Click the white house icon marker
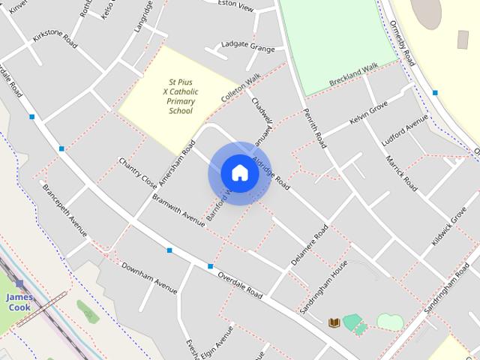(239, 172)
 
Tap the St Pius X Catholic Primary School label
(180, 96)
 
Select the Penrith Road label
(315, 127)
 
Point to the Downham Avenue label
(149, 277)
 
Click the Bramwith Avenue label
(178, 210)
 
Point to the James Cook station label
(19, 301)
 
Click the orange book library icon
(334, 322)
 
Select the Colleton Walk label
(241, 88)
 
